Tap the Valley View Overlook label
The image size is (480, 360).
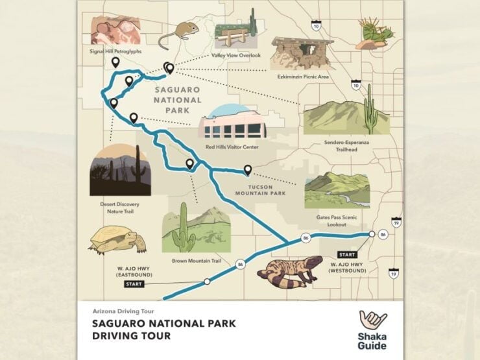[x=236, y=56]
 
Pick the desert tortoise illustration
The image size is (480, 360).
[x=117, y=239]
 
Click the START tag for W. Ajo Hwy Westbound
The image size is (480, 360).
[x=347, y=254]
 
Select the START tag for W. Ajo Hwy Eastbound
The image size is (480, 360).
[x=134, y=284]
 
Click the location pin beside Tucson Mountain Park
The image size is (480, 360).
[x=247, y=170]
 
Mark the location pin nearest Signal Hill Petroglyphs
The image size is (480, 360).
[x=115, y=62]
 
